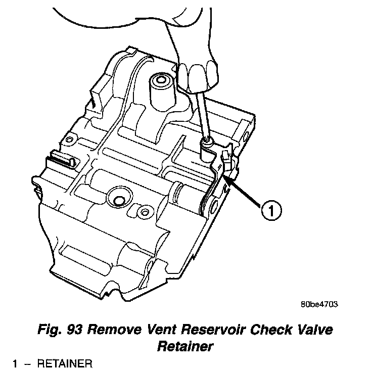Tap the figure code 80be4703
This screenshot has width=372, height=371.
(318, 305)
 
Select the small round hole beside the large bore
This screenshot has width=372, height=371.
(146, 211)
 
